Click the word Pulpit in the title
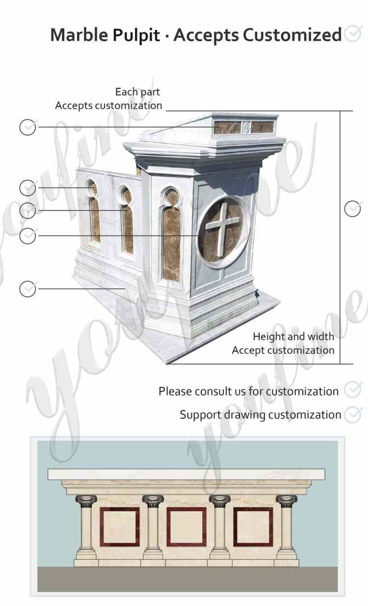click(141, 35)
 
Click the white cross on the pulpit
click(223, 224)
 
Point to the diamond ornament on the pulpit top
click(246, 127)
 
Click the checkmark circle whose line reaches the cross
click(28, 236)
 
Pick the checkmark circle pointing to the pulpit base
click(28, 289)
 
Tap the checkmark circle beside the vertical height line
click(352, 208)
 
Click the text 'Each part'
click(137, 92)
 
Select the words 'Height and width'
click(293, 336)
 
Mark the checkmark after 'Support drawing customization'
click(353, 414)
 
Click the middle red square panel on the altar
click(186, 526)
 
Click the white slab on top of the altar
click(187, 474)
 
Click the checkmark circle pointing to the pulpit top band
click(28, 127)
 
